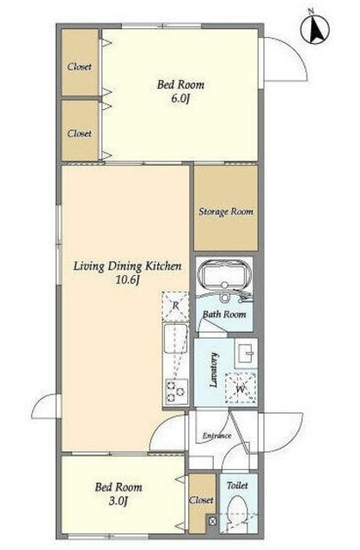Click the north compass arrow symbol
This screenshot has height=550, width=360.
point(315,30)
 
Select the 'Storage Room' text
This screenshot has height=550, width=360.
point(226,211)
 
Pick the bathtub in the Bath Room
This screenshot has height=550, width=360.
point(224,278)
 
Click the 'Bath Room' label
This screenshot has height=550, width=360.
point(224,315)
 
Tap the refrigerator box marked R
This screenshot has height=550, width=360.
point(175,306)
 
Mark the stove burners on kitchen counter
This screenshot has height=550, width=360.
point(175,392)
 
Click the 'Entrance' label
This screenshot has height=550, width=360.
point(217,437)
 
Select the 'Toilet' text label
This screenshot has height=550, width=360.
point(237,486)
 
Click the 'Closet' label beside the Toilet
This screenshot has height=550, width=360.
point(201,499)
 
